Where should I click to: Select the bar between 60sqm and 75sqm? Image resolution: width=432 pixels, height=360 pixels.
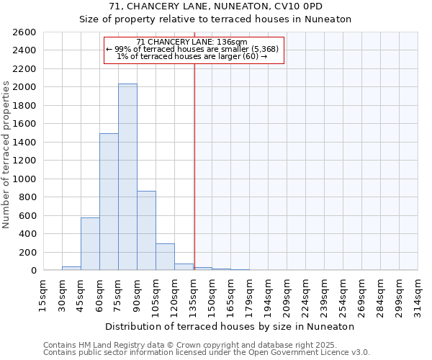[109, 202]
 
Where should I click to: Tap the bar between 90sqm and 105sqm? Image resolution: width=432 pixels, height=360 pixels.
[146, 230]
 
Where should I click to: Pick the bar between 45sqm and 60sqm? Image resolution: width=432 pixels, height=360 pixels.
[90, 243]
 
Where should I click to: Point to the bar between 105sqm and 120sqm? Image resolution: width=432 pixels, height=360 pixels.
[165, 257]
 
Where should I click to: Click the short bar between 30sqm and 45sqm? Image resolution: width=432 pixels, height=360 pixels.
[71, 269]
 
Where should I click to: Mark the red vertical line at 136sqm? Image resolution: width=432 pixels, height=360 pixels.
[194, 166]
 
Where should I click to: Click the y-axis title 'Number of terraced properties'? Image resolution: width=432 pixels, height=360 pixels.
[6, 155]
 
